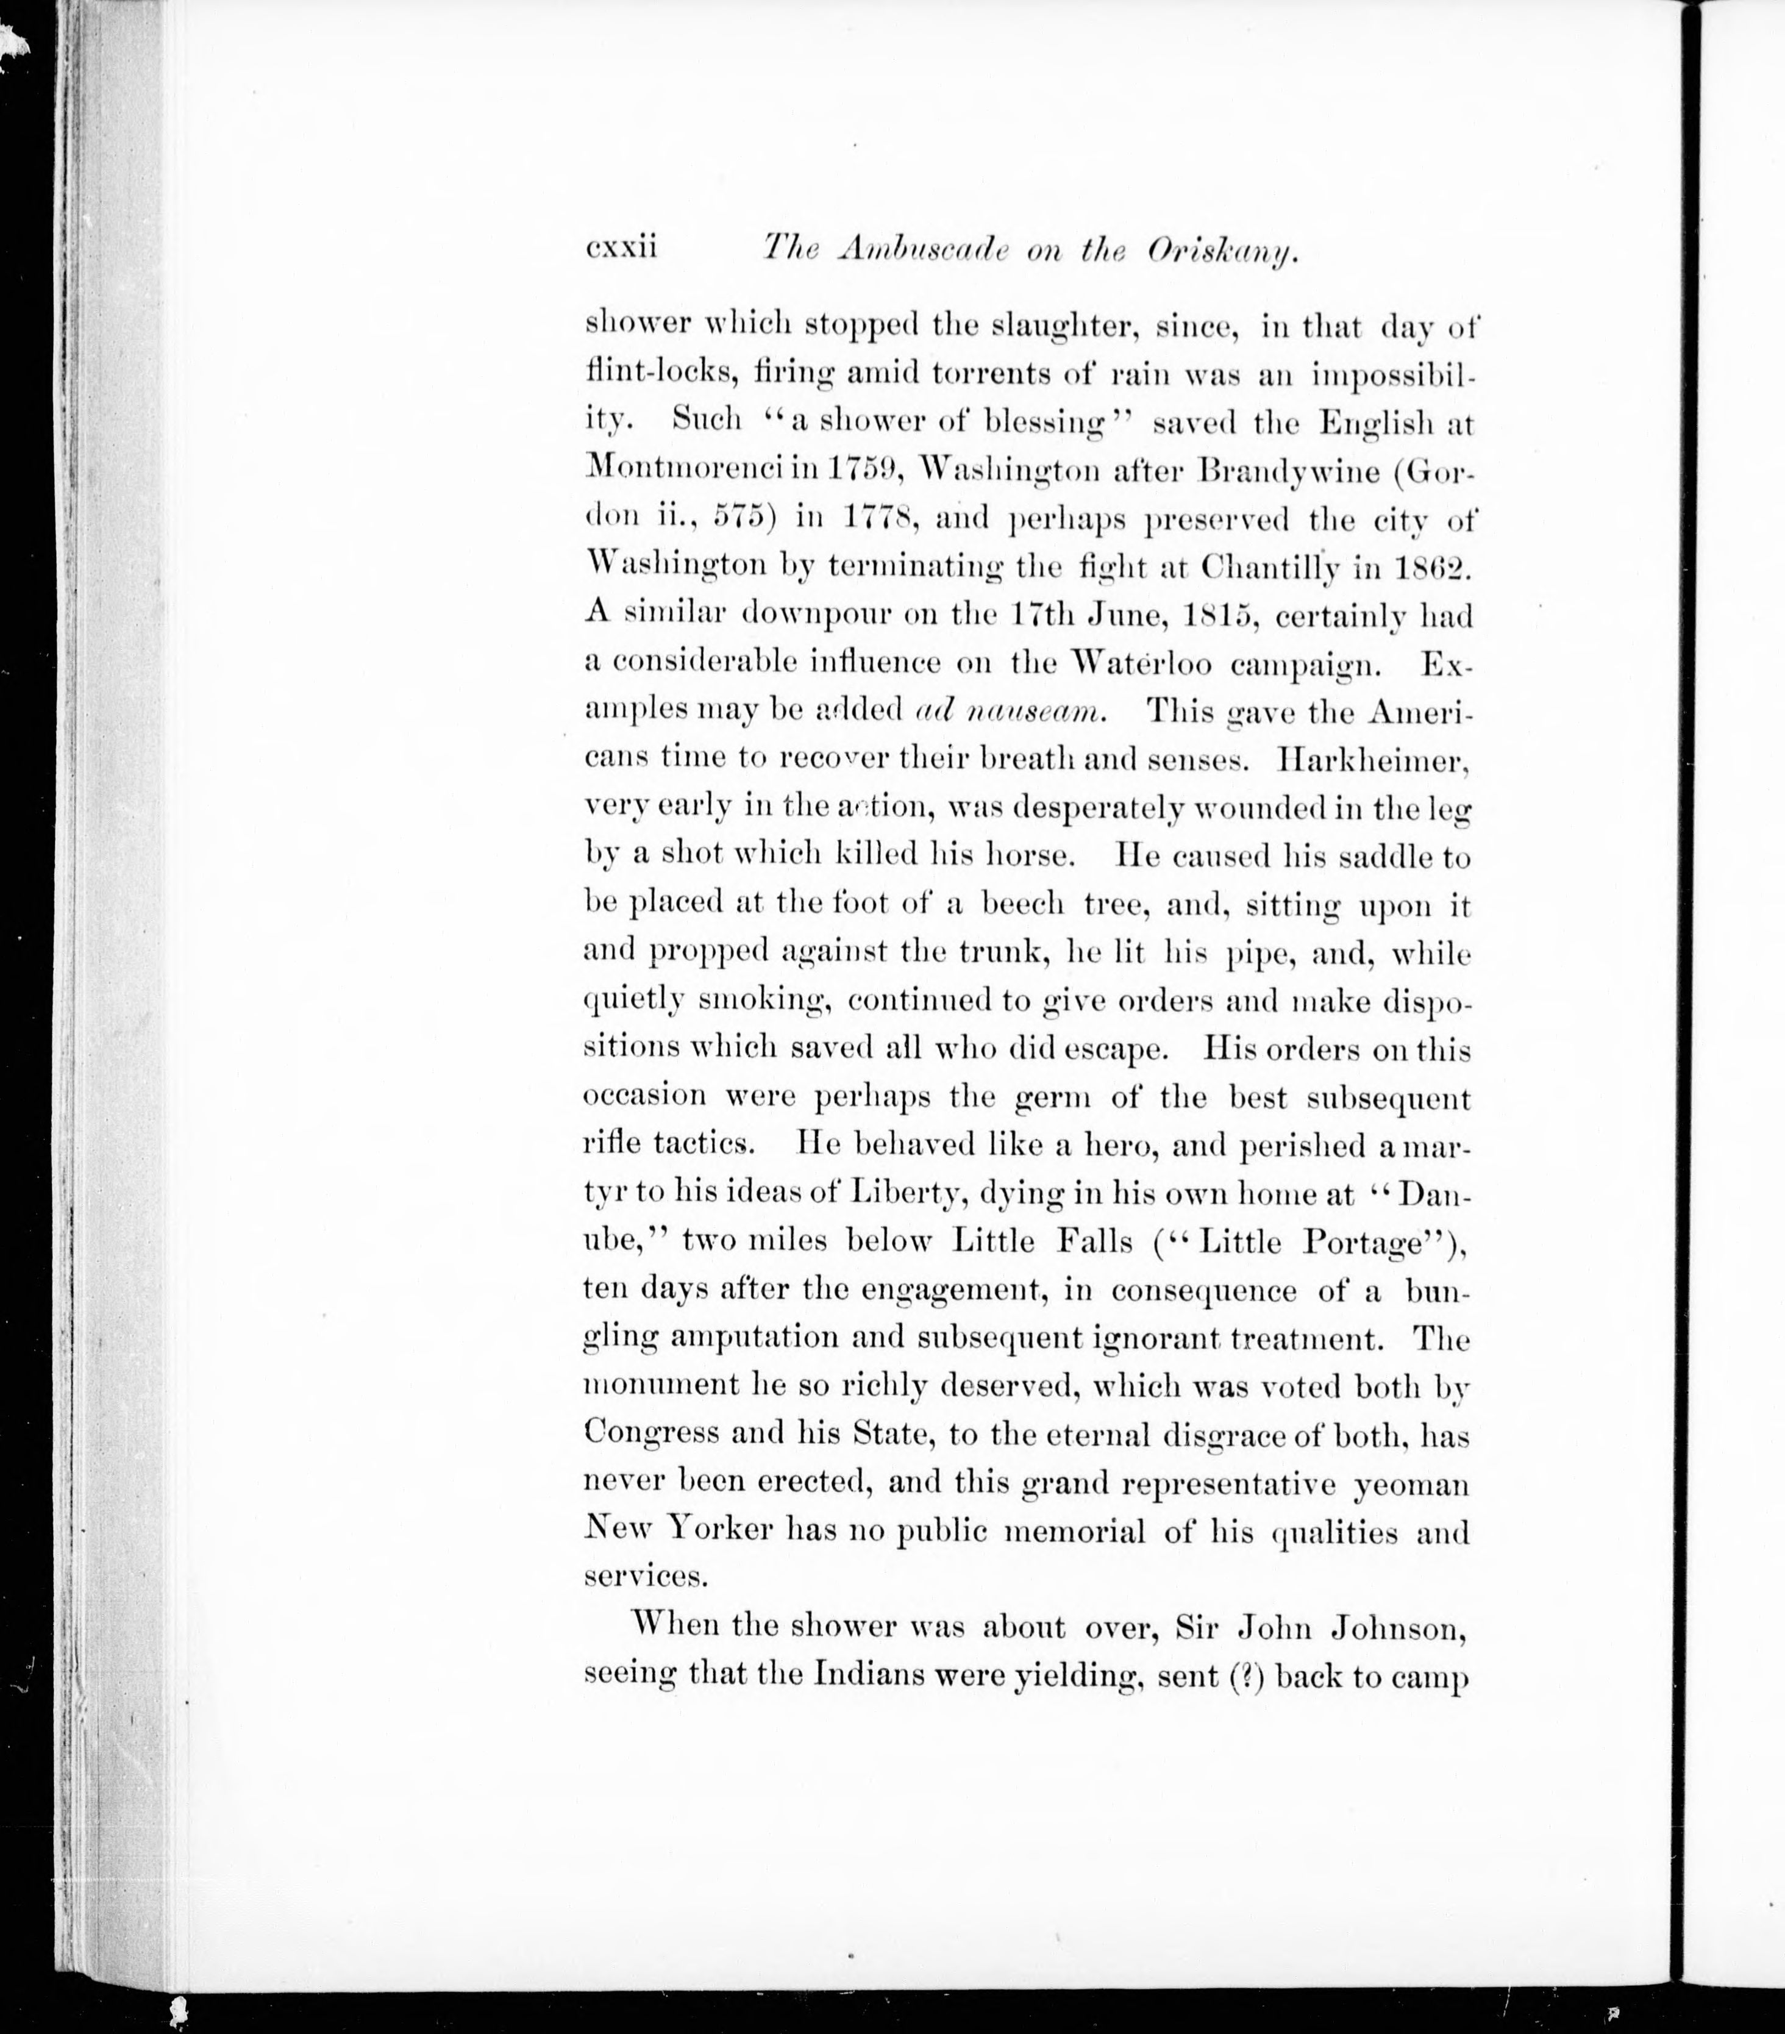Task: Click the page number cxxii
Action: [x=622, y=247]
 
